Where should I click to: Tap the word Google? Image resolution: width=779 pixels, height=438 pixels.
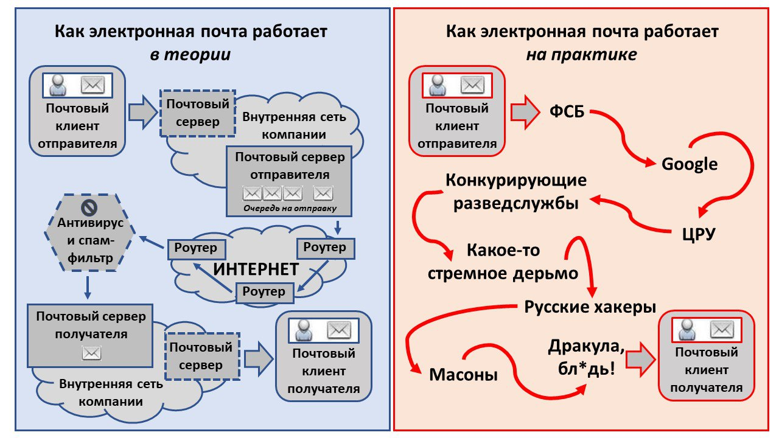point(689,164)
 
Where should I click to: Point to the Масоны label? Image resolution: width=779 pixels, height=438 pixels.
point(464,375)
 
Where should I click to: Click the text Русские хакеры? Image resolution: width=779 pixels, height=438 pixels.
point(590,307)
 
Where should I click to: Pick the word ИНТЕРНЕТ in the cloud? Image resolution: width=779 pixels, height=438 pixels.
point(255,268)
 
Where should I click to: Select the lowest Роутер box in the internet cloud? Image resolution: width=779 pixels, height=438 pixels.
point(264,292)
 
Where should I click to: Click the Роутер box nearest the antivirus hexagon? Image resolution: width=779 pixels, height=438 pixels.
point(196,248)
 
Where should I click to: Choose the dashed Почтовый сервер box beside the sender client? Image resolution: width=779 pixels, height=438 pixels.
point(197,113)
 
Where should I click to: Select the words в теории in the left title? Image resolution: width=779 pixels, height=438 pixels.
point(190,54)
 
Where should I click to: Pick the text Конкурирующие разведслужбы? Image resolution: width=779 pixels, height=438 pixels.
point(516,192)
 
